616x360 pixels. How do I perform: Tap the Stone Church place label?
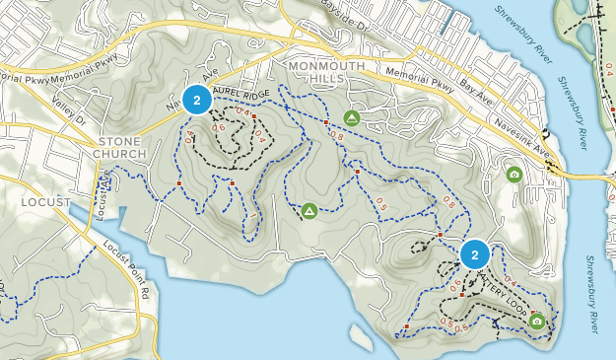(119, 147)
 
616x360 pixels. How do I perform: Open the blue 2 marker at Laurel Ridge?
(197, 100)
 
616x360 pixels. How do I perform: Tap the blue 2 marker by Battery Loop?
(475, 254)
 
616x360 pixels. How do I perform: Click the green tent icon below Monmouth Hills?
(351, 117)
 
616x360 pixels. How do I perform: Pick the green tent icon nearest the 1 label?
(308, 210)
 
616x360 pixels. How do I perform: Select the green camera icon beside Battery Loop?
(536, 321)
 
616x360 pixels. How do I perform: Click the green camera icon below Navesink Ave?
(513, 175)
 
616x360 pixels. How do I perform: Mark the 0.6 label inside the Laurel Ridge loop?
(219, 127)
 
